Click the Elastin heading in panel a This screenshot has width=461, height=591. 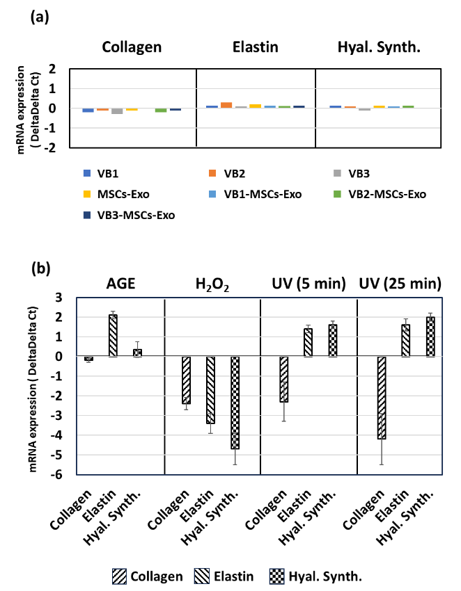tap(256, 47)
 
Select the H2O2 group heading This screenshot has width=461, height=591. tap(211, 284)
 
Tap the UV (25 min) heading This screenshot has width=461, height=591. tap(400, 284)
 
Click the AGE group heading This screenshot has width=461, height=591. tap(120, 284)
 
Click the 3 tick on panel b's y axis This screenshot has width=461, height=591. tap(68, 298)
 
